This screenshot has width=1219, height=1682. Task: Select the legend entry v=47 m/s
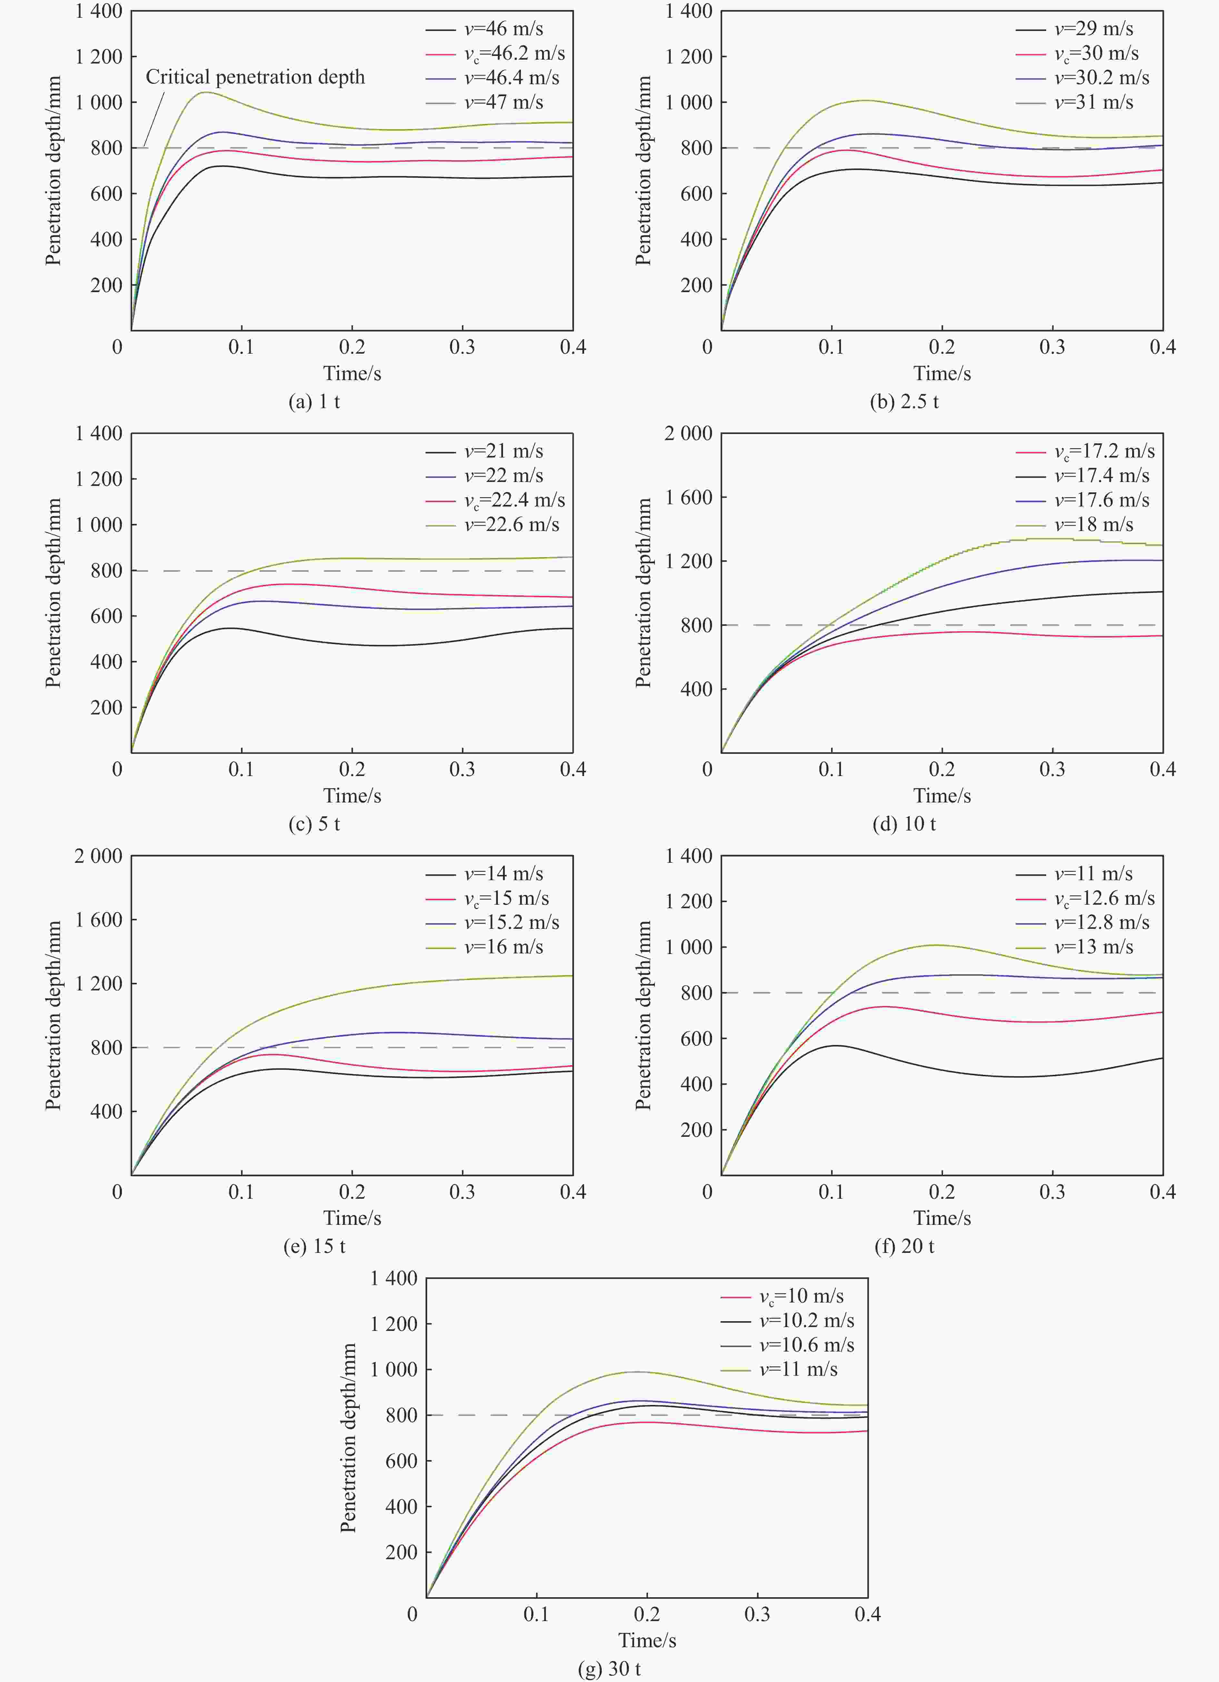(503, 102)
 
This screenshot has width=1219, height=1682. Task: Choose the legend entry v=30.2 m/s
(1101, 78)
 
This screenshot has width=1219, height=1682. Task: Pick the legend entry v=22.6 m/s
(511, 525)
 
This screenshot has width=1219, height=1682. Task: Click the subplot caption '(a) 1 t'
(314, 402)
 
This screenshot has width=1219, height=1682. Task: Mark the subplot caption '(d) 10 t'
(904, 824)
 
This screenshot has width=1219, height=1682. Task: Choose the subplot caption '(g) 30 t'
(609, 1669)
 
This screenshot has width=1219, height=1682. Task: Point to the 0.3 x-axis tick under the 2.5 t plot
(1052, 347)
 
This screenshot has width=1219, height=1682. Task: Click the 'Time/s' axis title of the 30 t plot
(647, 1640)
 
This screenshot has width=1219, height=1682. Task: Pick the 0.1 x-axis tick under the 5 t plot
(241, 770)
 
